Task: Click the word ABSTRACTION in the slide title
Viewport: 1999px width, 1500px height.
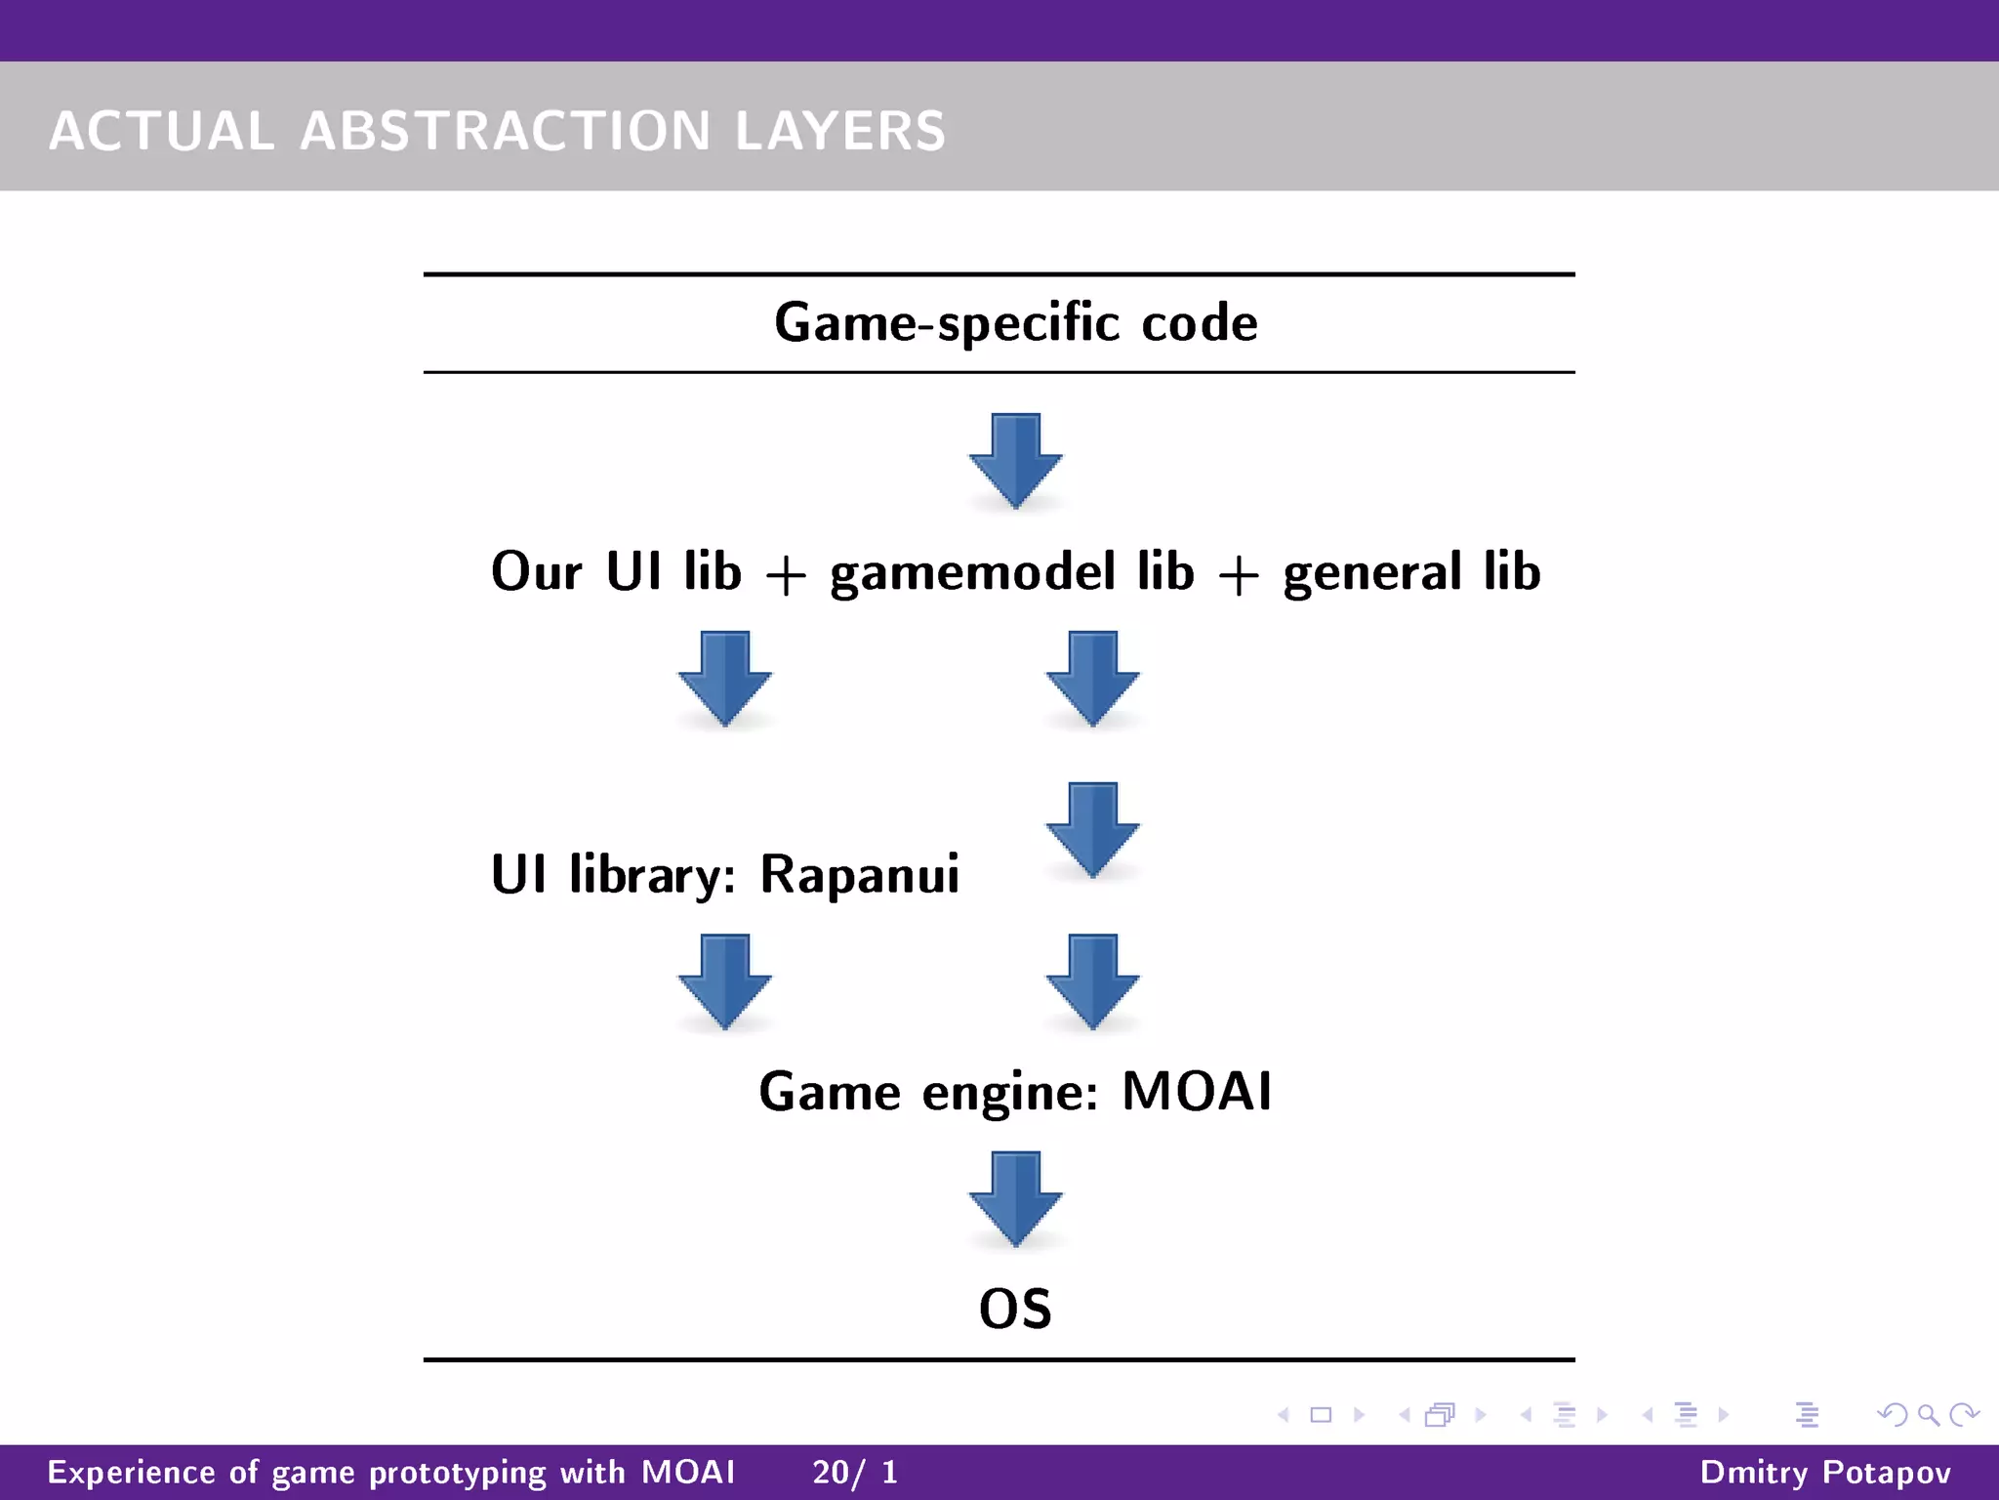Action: point(505,131)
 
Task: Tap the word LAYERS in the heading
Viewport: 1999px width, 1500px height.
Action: point(839,131)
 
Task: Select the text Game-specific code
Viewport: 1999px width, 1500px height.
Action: point(1015,322)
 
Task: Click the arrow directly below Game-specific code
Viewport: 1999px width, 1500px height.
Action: point(1015,459)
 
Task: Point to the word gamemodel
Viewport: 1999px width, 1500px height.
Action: point(972,572)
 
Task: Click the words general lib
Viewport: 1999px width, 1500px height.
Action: point(1411,572)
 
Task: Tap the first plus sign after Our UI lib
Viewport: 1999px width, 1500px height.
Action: point(786,576)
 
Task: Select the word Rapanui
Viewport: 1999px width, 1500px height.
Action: point(859,874)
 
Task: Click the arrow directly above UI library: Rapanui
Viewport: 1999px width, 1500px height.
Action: point(725,678)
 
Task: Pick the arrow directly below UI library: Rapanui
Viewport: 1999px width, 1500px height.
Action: point(725,980)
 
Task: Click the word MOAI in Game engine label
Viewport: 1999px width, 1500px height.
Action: point(1197,1091)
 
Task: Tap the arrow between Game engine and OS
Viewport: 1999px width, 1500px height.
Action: point(1015,1198)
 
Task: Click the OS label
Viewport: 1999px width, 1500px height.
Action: point(1015,1310)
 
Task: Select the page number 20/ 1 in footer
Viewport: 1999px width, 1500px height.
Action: point(855,1472)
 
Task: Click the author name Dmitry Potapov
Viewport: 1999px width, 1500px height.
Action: point(1825,1472)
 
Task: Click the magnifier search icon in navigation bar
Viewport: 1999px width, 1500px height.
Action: point(1928,1414)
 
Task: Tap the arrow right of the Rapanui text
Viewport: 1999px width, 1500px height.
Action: point(1092,829)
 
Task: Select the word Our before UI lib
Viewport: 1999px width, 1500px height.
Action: point(536,572)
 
